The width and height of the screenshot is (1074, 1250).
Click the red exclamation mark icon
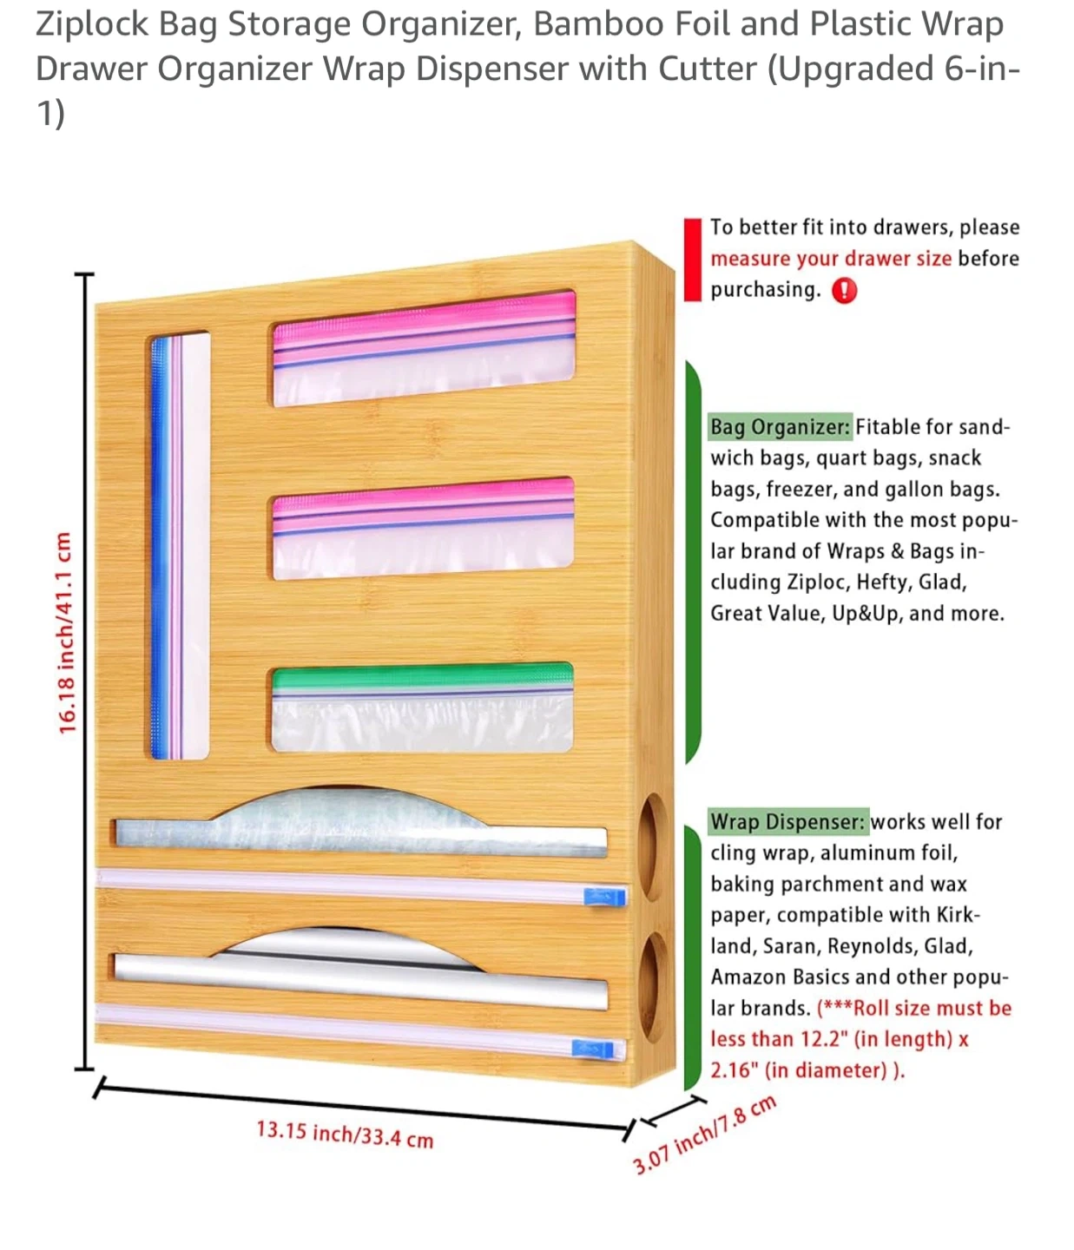(x=844, y=291)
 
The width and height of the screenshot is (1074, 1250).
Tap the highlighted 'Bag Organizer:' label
(x=780, y=427)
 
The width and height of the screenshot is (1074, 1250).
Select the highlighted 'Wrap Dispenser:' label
(x=788, y=821)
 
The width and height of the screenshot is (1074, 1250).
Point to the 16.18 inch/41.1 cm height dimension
(x=66, y=633)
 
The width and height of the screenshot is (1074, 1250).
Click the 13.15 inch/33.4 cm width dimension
(x=345, y=1134)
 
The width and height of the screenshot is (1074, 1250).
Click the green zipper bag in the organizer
(x=422, y=707)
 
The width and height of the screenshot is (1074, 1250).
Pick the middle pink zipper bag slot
(x=423, y=528)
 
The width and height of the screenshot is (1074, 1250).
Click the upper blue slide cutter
(x=605, y=897)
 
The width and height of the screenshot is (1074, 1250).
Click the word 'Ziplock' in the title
(x=92, y=24)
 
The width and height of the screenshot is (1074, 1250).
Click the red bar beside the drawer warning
(x=692, y=260)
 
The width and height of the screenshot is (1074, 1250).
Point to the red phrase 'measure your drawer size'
(x=831, y=259)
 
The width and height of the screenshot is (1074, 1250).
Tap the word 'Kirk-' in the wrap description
(x=958, y=915)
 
